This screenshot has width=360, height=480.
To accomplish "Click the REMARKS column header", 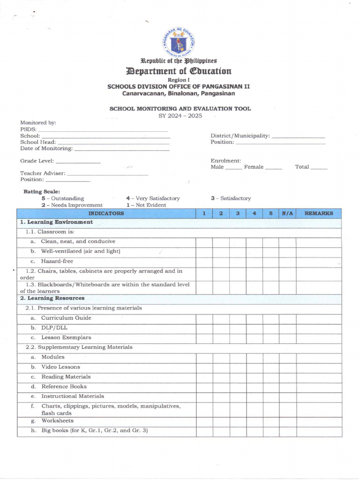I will (x=319, y=213).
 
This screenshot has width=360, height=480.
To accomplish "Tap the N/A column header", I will (x=287, y=213).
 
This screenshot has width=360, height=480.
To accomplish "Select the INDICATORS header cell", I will (x=106, y=213).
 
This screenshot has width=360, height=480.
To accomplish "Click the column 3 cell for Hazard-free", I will (x=238, y=262).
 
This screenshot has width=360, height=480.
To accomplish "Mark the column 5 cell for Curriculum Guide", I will (x=270, y=318).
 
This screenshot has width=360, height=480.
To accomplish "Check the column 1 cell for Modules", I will (x=204, y=357).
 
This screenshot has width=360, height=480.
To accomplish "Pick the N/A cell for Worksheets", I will (x=287, y=421).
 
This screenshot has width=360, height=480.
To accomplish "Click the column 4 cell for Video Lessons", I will (x=254, y=367).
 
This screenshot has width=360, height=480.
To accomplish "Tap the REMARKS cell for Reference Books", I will (x=319, y=387).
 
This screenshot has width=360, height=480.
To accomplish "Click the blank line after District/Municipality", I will (x=298, y=137).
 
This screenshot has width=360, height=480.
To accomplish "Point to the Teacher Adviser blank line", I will (x=107, y=175).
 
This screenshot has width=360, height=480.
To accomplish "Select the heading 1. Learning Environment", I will (x=56, y=222).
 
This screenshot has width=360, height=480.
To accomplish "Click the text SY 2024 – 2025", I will (x=180, y=116).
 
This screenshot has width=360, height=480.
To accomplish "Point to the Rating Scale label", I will (x=42, y=192).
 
